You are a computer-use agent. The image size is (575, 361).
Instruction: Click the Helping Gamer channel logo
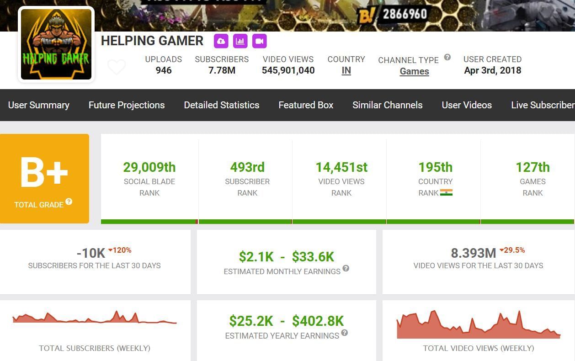(x=56, y=44)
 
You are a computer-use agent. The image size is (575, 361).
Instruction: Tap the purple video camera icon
(x=259, y=41)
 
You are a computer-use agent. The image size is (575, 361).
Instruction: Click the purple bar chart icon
(x=240, y=41)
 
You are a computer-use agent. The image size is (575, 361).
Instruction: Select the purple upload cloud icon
(x=221, y=41)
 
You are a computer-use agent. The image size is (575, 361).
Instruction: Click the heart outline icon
(x=116, y=67)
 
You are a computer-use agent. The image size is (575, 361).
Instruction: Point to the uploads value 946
(x=163, y=70)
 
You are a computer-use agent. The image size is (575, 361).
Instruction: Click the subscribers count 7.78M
(x=222, y=70)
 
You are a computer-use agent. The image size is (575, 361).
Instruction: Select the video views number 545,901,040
(x=288, y=70)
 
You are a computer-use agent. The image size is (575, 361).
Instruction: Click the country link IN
(x=346, y=71)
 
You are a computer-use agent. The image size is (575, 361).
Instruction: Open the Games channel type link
(x=414, y=71)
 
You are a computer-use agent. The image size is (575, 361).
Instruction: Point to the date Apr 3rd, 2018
(x=492, y=70)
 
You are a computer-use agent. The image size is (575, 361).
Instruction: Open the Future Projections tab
(x=127, y=105)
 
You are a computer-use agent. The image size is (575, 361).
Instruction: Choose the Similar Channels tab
(x=387, y=105)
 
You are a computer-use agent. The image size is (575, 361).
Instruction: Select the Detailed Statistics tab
(x=221, y=105)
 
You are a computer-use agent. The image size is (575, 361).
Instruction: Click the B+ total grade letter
(x=44, y=173)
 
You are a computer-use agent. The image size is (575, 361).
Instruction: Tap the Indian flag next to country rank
(x=446, y=193)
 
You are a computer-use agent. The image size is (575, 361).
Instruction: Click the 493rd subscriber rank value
(x=247, y=167)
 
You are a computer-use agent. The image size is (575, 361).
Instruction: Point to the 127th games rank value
(x=532, y=167)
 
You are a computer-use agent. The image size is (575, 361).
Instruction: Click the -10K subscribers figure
(x=91, y=252)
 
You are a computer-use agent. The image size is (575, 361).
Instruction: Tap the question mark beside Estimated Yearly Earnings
(x=344, y=333)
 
